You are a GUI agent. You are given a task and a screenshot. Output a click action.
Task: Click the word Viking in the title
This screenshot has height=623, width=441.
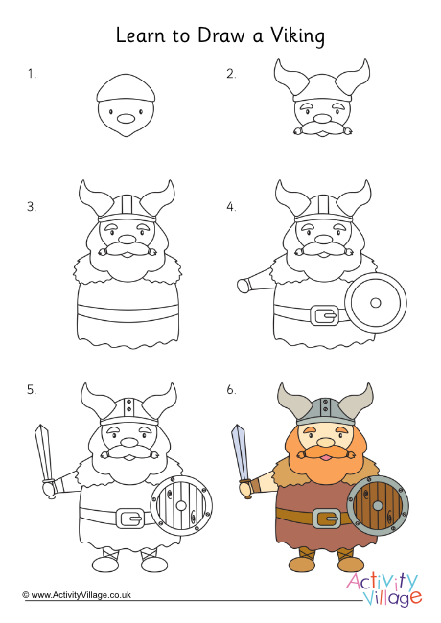click(x=298, y=36)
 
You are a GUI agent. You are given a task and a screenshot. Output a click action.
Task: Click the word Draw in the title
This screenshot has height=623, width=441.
click(x=221, y=35)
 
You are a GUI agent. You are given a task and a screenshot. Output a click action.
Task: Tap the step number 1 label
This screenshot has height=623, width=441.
click(x=32, y=74)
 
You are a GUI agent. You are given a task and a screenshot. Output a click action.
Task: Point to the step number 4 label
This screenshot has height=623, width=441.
click(x=231, y=207)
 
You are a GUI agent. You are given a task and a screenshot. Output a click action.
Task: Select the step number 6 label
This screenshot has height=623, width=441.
click(x=231, y=390)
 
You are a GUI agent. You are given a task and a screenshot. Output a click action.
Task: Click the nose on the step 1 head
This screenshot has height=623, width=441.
click(x=126, y=119)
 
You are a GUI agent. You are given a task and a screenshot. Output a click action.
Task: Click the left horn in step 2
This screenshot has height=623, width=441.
click(x=290, y=78)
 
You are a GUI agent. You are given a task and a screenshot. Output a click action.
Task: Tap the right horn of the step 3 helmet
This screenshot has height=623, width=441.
click(x=158, y=198)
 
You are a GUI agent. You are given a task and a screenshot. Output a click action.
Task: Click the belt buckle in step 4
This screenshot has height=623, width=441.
click(x=326, y=315)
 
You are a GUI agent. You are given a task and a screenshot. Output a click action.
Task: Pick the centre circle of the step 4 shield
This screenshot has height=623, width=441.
click(x=376, y=302)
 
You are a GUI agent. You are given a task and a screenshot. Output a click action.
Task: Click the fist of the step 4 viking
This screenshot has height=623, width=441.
click(x=244, y=285)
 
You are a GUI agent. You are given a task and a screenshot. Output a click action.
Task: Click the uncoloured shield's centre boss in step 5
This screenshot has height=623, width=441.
click(x=181, y=506)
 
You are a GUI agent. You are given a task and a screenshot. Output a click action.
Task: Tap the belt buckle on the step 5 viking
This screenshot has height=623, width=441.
click(x=130, y=519)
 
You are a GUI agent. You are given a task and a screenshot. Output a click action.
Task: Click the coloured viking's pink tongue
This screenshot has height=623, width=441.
click(x=325, y=458)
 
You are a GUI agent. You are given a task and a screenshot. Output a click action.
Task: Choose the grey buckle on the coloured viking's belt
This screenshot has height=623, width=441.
click(x=327, y=519)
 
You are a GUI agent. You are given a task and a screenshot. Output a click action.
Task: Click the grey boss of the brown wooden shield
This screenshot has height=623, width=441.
click(x=378, y=506)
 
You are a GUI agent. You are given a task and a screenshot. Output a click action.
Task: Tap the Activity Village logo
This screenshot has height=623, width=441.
click(x=384, y=589)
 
